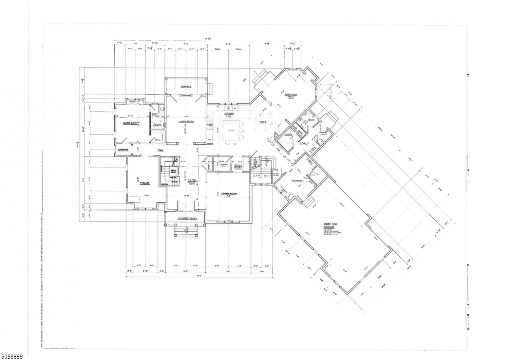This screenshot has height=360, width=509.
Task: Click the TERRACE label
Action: point(186,87)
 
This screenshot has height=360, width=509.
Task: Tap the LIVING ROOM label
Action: point(186,121)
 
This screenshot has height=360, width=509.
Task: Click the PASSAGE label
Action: point(122,150)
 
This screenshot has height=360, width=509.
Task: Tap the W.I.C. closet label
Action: point(157,140)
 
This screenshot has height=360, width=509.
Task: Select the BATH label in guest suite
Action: point(154,114)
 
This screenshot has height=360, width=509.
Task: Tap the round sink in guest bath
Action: point(162,109)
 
